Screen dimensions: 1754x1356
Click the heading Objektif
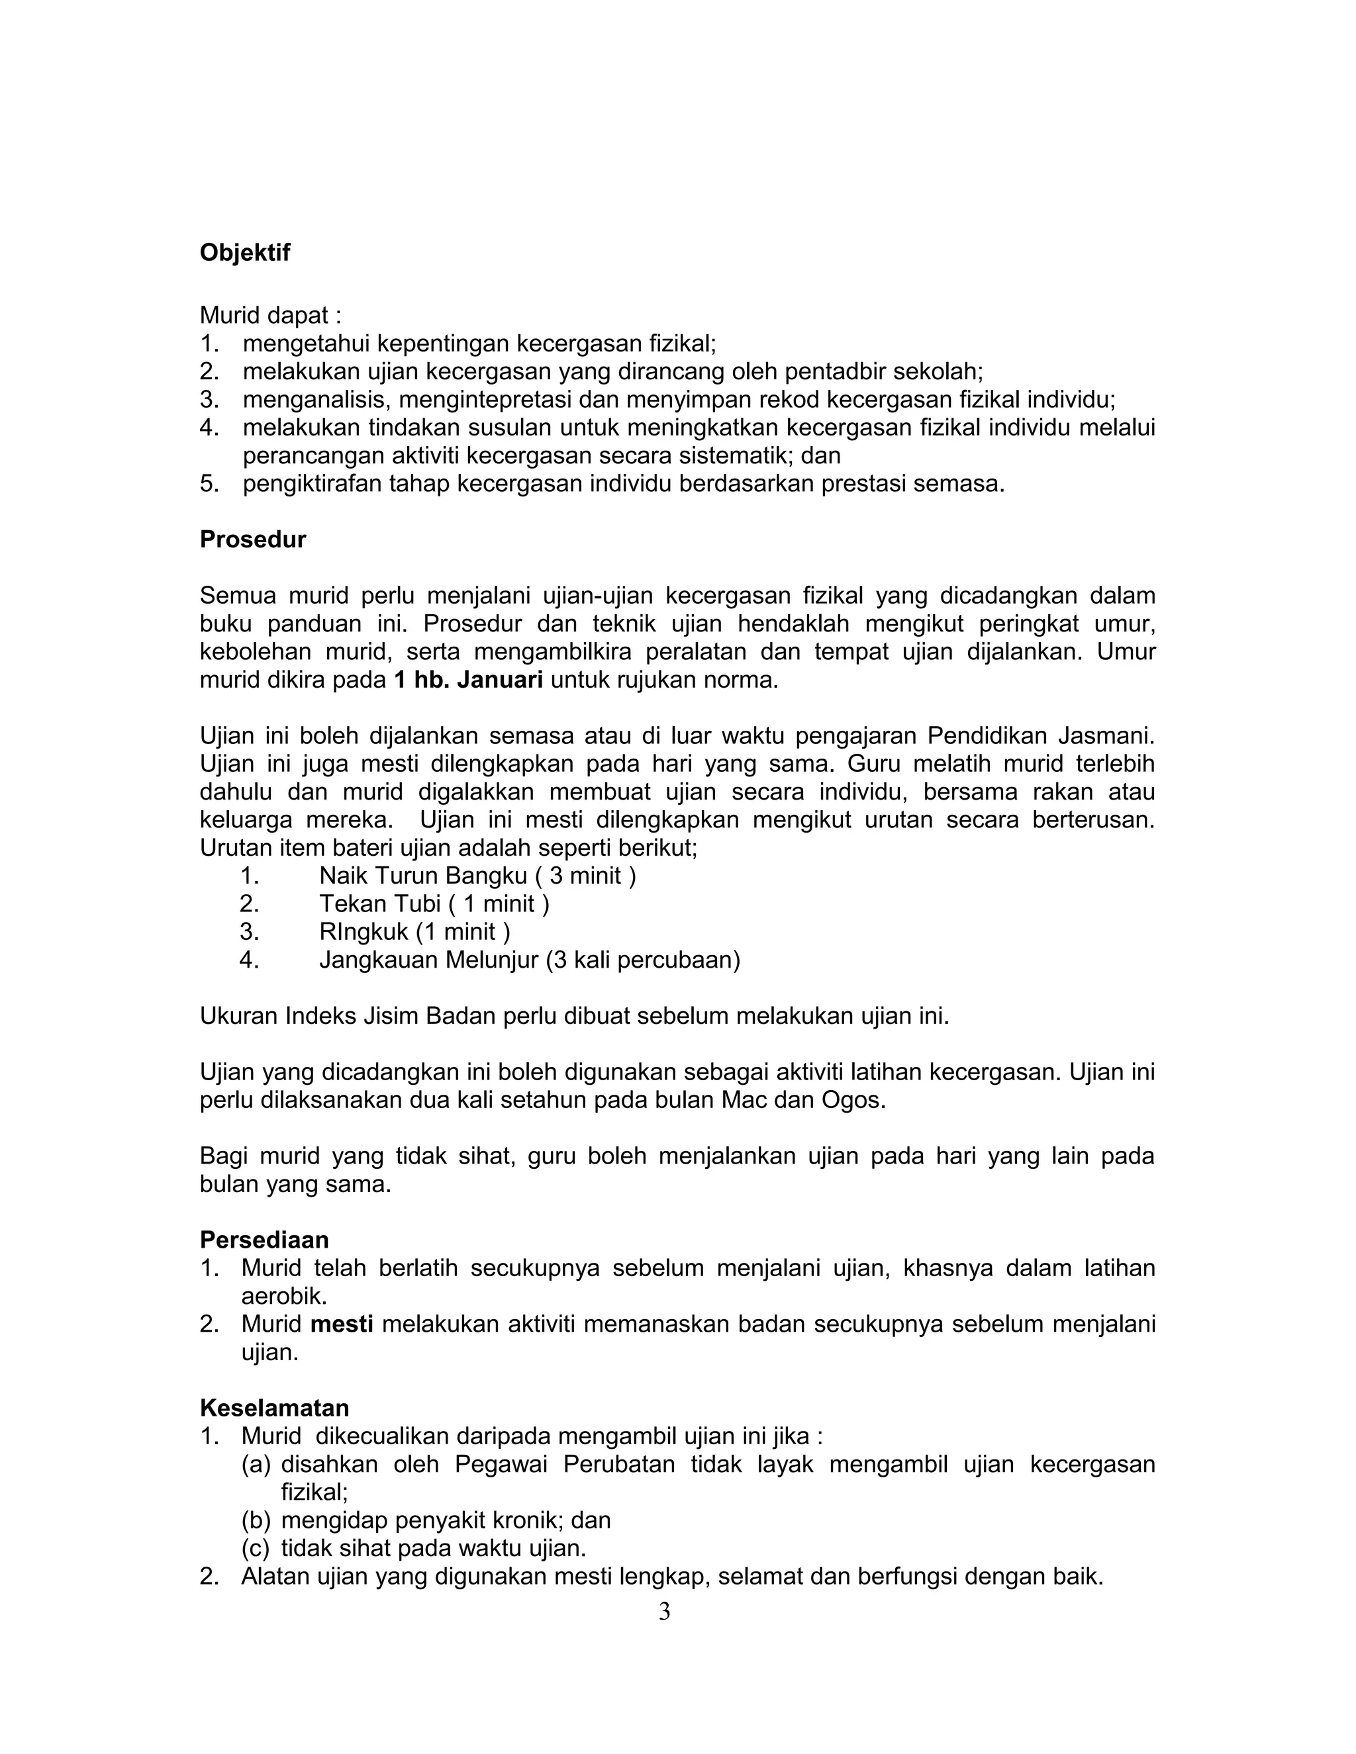click(x=245, y=252)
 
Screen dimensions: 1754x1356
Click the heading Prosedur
click(x=252, y=539)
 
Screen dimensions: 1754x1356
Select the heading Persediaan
click(x=264, y=1239)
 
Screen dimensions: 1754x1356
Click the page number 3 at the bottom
click(x=664, y=1612)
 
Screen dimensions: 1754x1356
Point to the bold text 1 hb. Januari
click(x=467, y=680)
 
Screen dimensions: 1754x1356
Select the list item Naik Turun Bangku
click(x=477, y=876)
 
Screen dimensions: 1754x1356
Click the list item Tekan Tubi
click(x=434, y=903)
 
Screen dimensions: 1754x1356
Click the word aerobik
click(x=283, y=1295)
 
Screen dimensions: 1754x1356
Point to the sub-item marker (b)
click(x=256, y=1520)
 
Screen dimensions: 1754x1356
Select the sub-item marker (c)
click(x=256, y=1548)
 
